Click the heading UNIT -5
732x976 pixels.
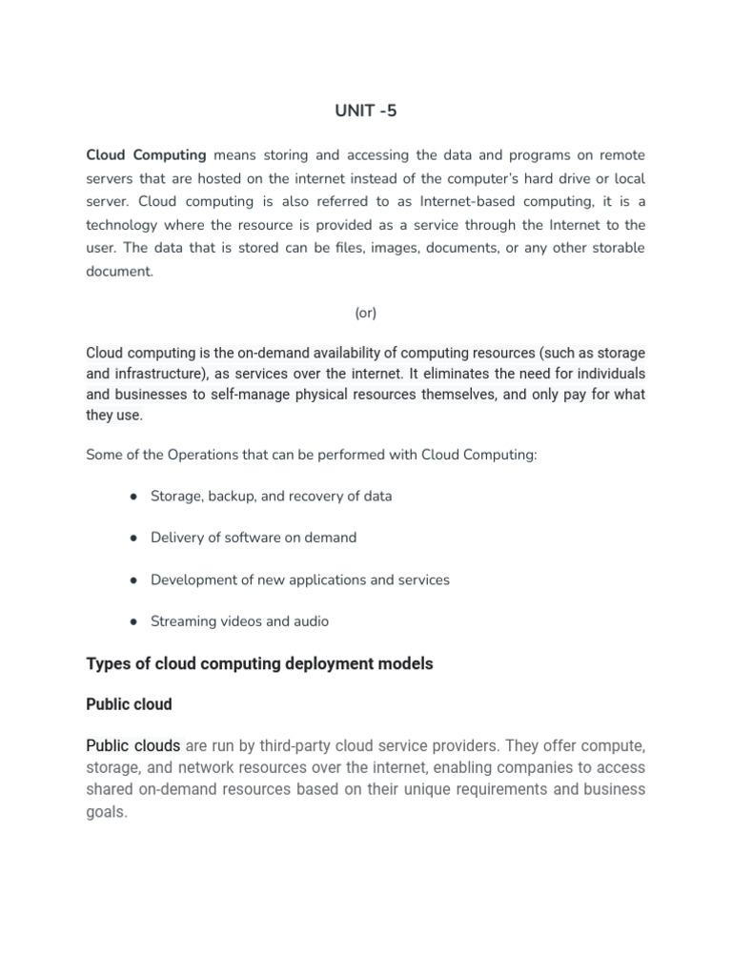pos(365,111)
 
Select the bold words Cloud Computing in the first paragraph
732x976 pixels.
pos(146,155)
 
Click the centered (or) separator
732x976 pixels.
pos(365,313)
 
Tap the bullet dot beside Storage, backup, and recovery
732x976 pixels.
pos(132,497)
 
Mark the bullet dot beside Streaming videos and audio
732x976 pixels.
pos(132,621)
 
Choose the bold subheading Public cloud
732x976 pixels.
pos(129,704)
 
